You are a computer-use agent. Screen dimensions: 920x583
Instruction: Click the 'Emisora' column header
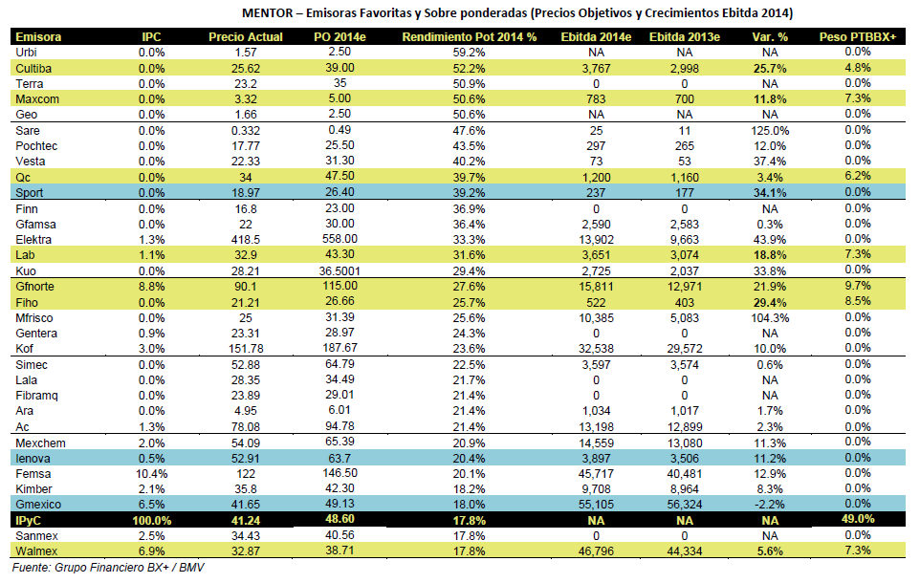[x=38, y=37]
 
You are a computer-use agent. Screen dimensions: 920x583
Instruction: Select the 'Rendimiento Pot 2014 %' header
[x=469, y=37]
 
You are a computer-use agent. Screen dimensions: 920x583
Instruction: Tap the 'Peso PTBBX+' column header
[x=857, y=37]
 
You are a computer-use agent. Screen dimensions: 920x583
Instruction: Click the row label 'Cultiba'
[x=33, y=69]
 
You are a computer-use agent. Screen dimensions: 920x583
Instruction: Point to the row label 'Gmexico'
[x=38, y=505]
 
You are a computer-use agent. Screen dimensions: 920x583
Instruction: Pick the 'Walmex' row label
[x=36, y=551]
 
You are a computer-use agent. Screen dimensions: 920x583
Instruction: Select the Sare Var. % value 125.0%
[x=770, y=131]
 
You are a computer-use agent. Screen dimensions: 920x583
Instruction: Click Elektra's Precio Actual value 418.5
[x=245, y=240]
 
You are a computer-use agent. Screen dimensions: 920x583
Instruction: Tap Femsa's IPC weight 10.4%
[x=151, y=474]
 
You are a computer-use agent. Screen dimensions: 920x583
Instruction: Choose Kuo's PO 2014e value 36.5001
[x=340, y=271]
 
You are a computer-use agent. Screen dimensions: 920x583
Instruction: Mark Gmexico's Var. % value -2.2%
[x=770, y=505]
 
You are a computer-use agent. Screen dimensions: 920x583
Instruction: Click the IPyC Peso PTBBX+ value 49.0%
[x=857, y=519]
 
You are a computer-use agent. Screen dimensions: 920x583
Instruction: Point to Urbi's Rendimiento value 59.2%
[x=469, y=53]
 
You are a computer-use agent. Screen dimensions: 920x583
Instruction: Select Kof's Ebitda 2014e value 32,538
[x=596, y=349]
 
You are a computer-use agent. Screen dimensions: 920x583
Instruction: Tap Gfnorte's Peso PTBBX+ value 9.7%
[x=857, y=286]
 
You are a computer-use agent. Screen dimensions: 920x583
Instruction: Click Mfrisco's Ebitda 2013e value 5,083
[x=684, y=318]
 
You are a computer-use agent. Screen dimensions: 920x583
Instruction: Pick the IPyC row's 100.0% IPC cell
[x=151, y=521]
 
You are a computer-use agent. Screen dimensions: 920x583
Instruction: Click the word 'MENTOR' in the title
[x=268, y=13]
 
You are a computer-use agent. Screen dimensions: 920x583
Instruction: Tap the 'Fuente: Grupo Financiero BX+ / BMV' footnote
[x=108, y=568]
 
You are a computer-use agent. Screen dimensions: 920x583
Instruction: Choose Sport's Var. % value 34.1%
[x=770, y=193]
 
